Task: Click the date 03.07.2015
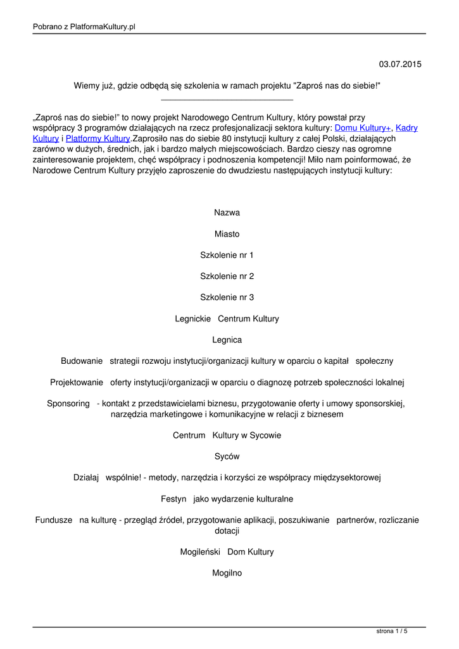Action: click(x=399, y=65)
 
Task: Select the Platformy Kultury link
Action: click(x=97, y=138)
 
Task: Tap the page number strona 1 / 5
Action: click(x=392, y=631)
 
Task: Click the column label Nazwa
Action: click(x=227, y=213)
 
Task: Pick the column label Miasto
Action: click(x=227, y=234)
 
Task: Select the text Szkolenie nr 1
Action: click(x=227, y=255)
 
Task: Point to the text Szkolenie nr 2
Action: click(x=227, y=276)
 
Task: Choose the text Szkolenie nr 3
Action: click(x=227, y=297)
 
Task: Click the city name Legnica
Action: click(x=227, y=340)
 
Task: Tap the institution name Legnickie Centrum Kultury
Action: click(x=227, y=319)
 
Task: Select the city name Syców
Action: click(x=227, y=456)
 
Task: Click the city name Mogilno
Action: click(x=227, y=573)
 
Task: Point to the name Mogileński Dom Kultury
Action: click(x=227, y=552)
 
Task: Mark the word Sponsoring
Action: click(x=68, y=404)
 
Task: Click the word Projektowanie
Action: click(x=77, y=382)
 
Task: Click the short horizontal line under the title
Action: click(x=227, y=100)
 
